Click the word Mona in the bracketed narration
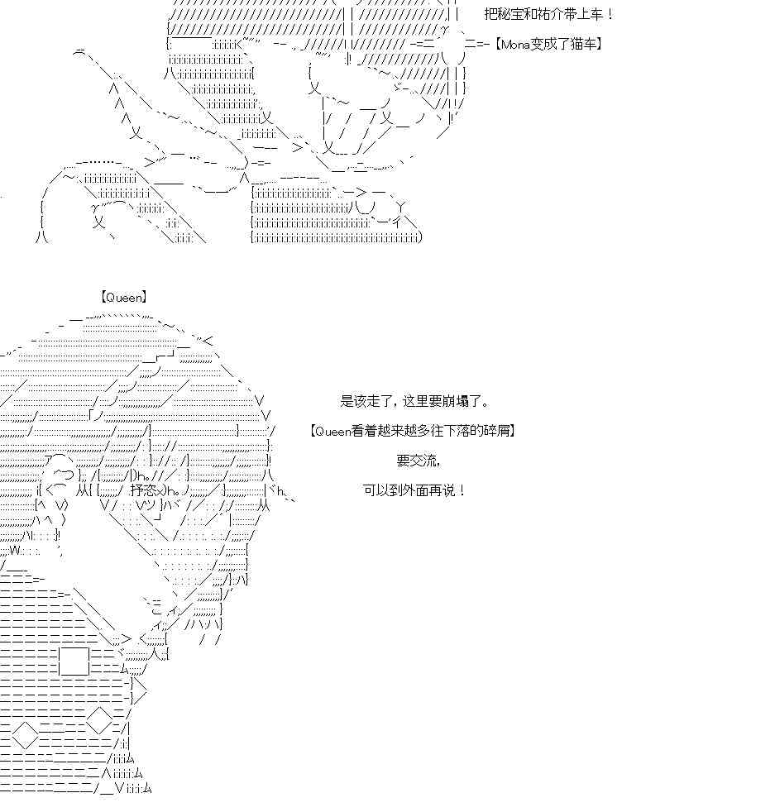pyautogui.click(x=516, y=44)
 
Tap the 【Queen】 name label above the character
pyautogui.click(x=124, y=297)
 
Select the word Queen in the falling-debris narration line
pyautogui.click(x=334, y=431)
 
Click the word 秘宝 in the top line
pyautogui.click(x=509, y=15)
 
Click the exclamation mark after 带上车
pyautogui.click(x=610, y=15)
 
